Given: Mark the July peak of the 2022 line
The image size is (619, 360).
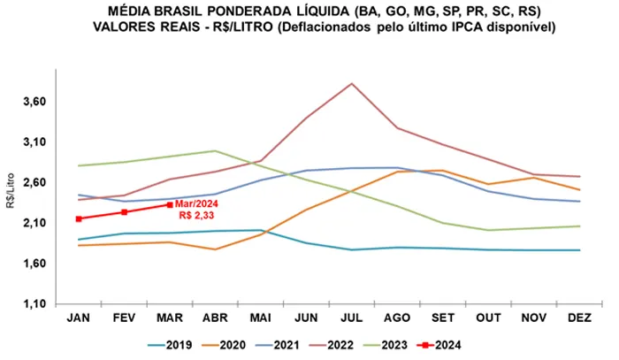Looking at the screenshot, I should coord(353,83).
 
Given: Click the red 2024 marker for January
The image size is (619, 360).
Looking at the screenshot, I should coord(79,218).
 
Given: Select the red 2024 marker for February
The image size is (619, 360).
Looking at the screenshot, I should coord(124,212).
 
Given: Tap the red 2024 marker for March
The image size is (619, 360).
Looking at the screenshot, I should coord(170,204).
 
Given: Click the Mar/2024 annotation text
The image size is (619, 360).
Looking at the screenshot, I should coord(196,204).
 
